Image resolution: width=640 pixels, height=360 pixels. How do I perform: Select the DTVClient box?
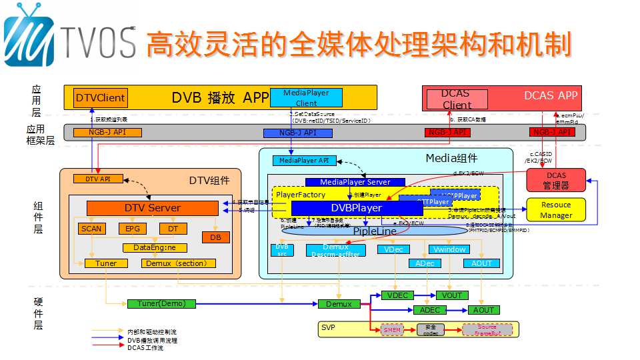tap(100, 98)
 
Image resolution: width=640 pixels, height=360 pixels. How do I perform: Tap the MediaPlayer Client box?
tap(306, 97)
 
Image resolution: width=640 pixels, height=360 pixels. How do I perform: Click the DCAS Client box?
tap(457, 99)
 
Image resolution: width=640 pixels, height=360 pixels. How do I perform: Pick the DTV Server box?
tap(153, 208)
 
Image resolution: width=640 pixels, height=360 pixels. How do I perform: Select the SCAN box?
tap(92, 229)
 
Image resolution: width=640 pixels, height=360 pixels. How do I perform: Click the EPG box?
tap(131, 229)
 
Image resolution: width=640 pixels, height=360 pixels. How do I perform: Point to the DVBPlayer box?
tap(357, 208)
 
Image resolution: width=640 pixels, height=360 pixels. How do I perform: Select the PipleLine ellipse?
tap(373, 231)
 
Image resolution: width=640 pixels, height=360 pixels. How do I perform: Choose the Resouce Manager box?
tap(556, 210)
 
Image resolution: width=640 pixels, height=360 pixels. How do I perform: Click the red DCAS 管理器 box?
tap(556, 179)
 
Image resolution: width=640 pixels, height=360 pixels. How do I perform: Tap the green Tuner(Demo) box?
tap(161, 304)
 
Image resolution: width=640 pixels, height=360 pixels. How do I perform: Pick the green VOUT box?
tap(452, 295)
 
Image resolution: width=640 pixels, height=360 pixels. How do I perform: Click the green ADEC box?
tap(430, 310)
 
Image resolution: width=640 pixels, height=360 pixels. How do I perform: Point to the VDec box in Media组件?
tap(393, 249)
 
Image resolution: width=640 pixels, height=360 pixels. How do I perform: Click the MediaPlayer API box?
tap(304, 161)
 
